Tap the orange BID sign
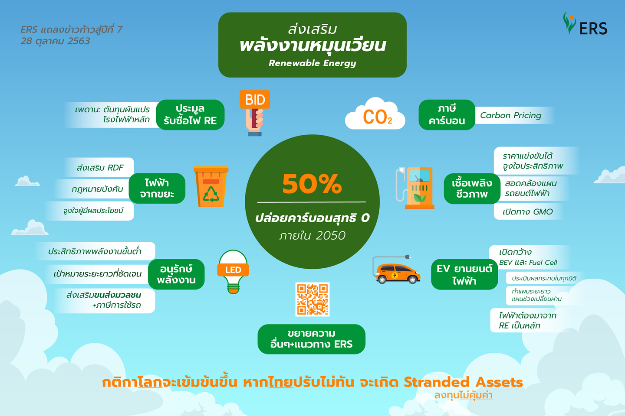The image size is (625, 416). [254, 100]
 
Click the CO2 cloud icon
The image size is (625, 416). [375, 114]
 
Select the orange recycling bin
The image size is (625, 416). [211, 187]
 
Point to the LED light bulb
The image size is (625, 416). [233, 272]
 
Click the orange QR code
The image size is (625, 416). [312, 299]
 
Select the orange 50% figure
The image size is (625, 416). [312, 184]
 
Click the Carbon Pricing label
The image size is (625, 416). [510, 115]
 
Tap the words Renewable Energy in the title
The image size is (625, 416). [312, 63]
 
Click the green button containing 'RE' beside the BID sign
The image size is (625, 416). [190, 115]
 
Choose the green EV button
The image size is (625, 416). [464, 274]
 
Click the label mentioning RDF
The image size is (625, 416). [100, 167]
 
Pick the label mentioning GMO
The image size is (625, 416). [527, 212]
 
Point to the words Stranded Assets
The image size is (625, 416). [463, 382]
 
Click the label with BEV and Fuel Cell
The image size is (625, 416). [528, 257]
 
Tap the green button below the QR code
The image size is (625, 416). [311, 339]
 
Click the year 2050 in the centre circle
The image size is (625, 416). [331, 236]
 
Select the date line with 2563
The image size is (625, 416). [55, 41]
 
